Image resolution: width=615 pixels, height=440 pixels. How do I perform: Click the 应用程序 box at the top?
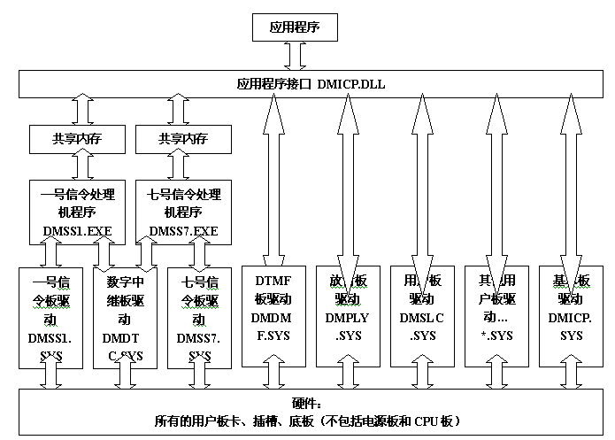point(295,28)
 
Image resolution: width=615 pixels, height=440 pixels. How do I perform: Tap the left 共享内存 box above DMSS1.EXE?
point(77,139)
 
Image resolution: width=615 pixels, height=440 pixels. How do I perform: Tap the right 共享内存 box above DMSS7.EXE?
point(183,139)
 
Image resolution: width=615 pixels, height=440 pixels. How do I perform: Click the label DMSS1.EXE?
point(78,232)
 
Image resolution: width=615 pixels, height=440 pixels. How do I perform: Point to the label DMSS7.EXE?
point(184,232)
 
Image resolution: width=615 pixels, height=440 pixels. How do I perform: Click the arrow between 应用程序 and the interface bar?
point(295,56)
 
